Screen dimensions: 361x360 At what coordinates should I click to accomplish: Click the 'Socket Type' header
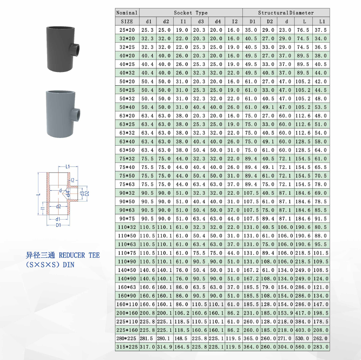pyautogui.click(x=191, y=13)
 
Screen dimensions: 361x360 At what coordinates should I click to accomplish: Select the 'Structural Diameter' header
pyautogui.click(x=286, y=13)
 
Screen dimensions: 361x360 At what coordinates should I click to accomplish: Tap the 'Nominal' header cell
pyautogui.click(x=127, y=12)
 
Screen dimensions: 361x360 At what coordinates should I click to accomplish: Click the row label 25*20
pyautogui.click(x=127, y=30)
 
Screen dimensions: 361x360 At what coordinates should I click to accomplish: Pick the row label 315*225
pyautogui.click(x=127, y=347)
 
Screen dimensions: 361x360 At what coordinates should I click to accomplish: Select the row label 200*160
pyautogui.click(x=127, y=313)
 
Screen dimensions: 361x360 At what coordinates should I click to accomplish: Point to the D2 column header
pyautogui.click(x=270, y=21)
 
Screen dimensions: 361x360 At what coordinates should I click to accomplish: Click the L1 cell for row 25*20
pyautogui.click(x=321, y=30)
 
